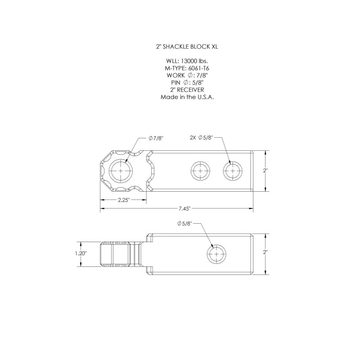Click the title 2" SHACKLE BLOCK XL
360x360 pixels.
(x=187, y=47)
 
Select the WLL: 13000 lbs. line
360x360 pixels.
(x=187, y=61)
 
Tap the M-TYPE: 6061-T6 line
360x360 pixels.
(x=187, y=68)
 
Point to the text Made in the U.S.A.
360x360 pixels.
(x=187, y=97)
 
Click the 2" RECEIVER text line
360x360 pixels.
(x=187, y=90)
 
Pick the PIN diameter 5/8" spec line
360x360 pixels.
(x=187, y=82)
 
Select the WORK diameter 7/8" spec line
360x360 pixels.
(x=187, y=75)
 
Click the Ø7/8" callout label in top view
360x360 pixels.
(x=156, y=138)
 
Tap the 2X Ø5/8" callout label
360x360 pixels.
(x=202, y=138)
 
